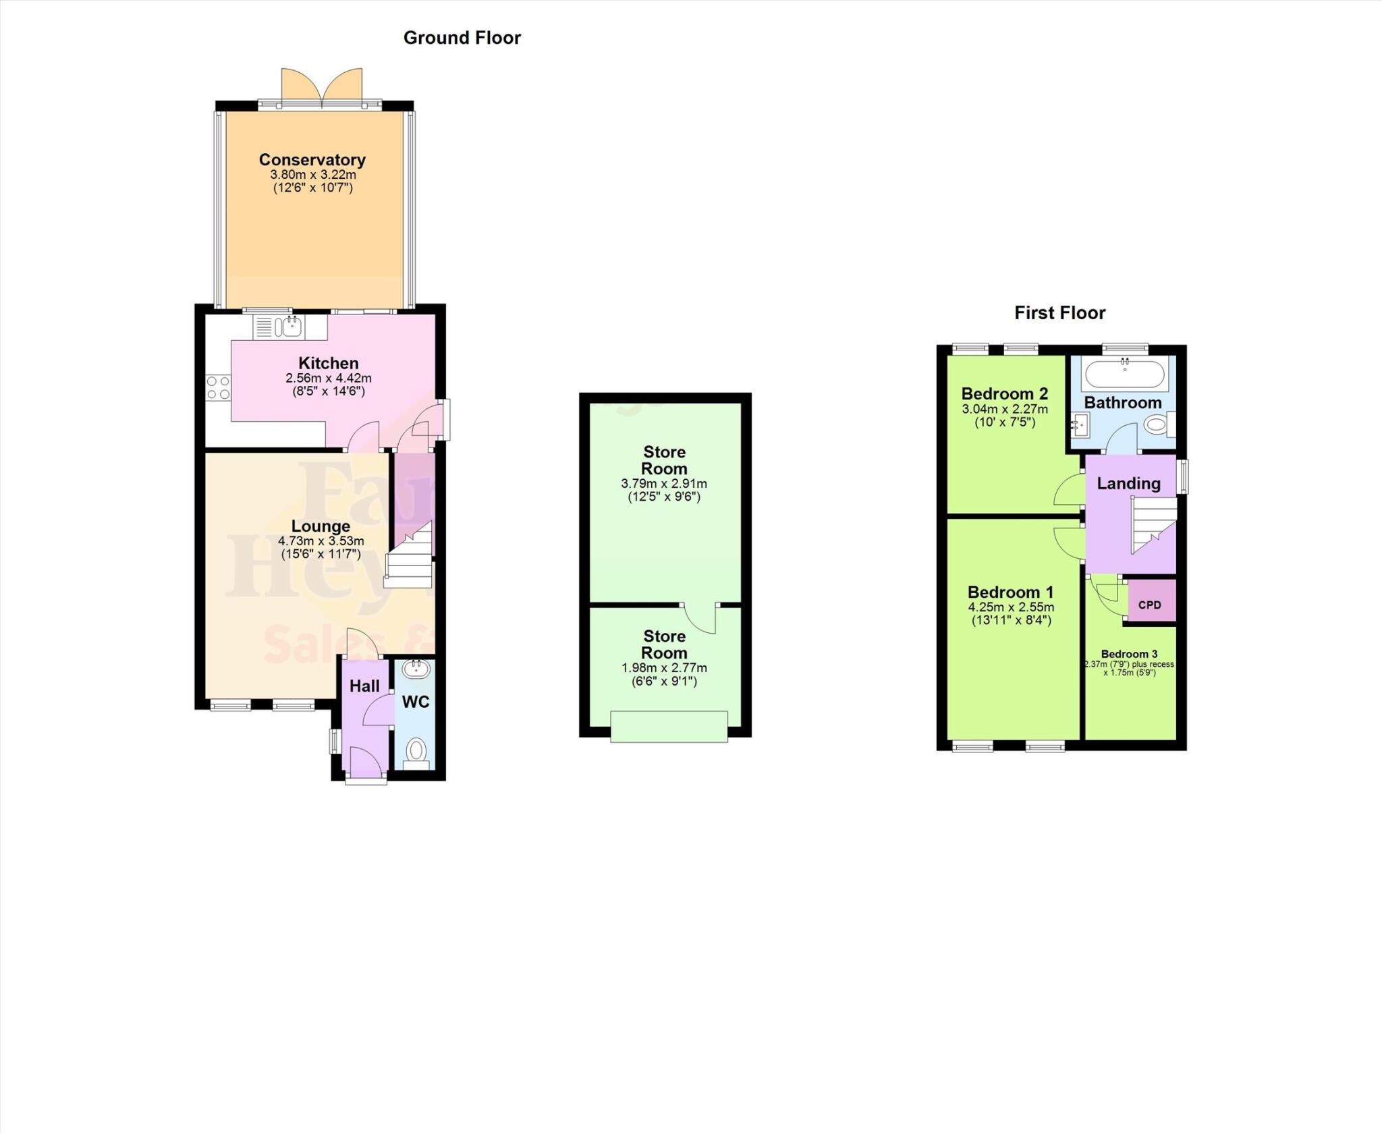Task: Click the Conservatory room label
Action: [312, 160]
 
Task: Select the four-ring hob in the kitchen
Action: [218, 388]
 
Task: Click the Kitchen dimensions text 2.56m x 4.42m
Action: [328, 379]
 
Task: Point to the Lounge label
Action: [321, 526]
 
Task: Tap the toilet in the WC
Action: [417, 750]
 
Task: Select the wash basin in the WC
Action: [416, 669]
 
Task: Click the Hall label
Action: [364, 686]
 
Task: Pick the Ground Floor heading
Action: [462, 38]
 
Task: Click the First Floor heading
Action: [1059, 313]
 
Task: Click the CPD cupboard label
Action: [1149, 605]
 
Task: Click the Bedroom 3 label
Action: [1129, 654]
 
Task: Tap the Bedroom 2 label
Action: [1004, 393]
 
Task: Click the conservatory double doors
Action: [322, 88]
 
